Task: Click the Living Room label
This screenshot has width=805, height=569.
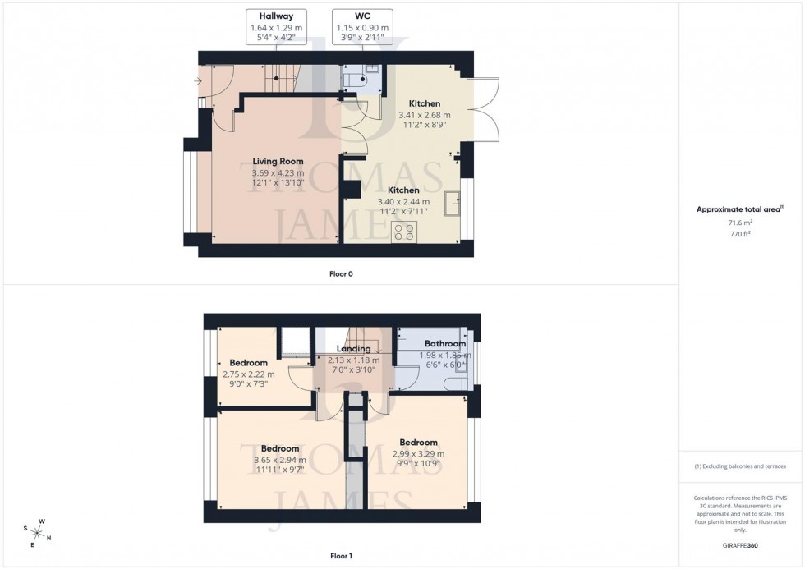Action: (278, 162)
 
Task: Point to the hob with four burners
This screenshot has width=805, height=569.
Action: (403, 232)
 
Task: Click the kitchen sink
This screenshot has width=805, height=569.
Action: (453, 204)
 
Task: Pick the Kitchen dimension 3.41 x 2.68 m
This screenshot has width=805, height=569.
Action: (425, 116)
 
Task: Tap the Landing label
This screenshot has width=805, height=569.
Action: (353, 349)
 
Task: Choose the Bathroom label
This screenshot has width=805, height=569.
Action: (444, 344)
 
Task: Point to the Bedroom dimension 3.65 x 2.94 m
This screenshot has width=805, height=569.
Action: (279, 461)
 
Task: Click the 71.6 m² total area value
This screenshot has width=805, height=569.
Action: (741, 222)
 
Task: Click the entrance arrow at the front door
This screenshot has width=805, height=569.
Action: (197, 81)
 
